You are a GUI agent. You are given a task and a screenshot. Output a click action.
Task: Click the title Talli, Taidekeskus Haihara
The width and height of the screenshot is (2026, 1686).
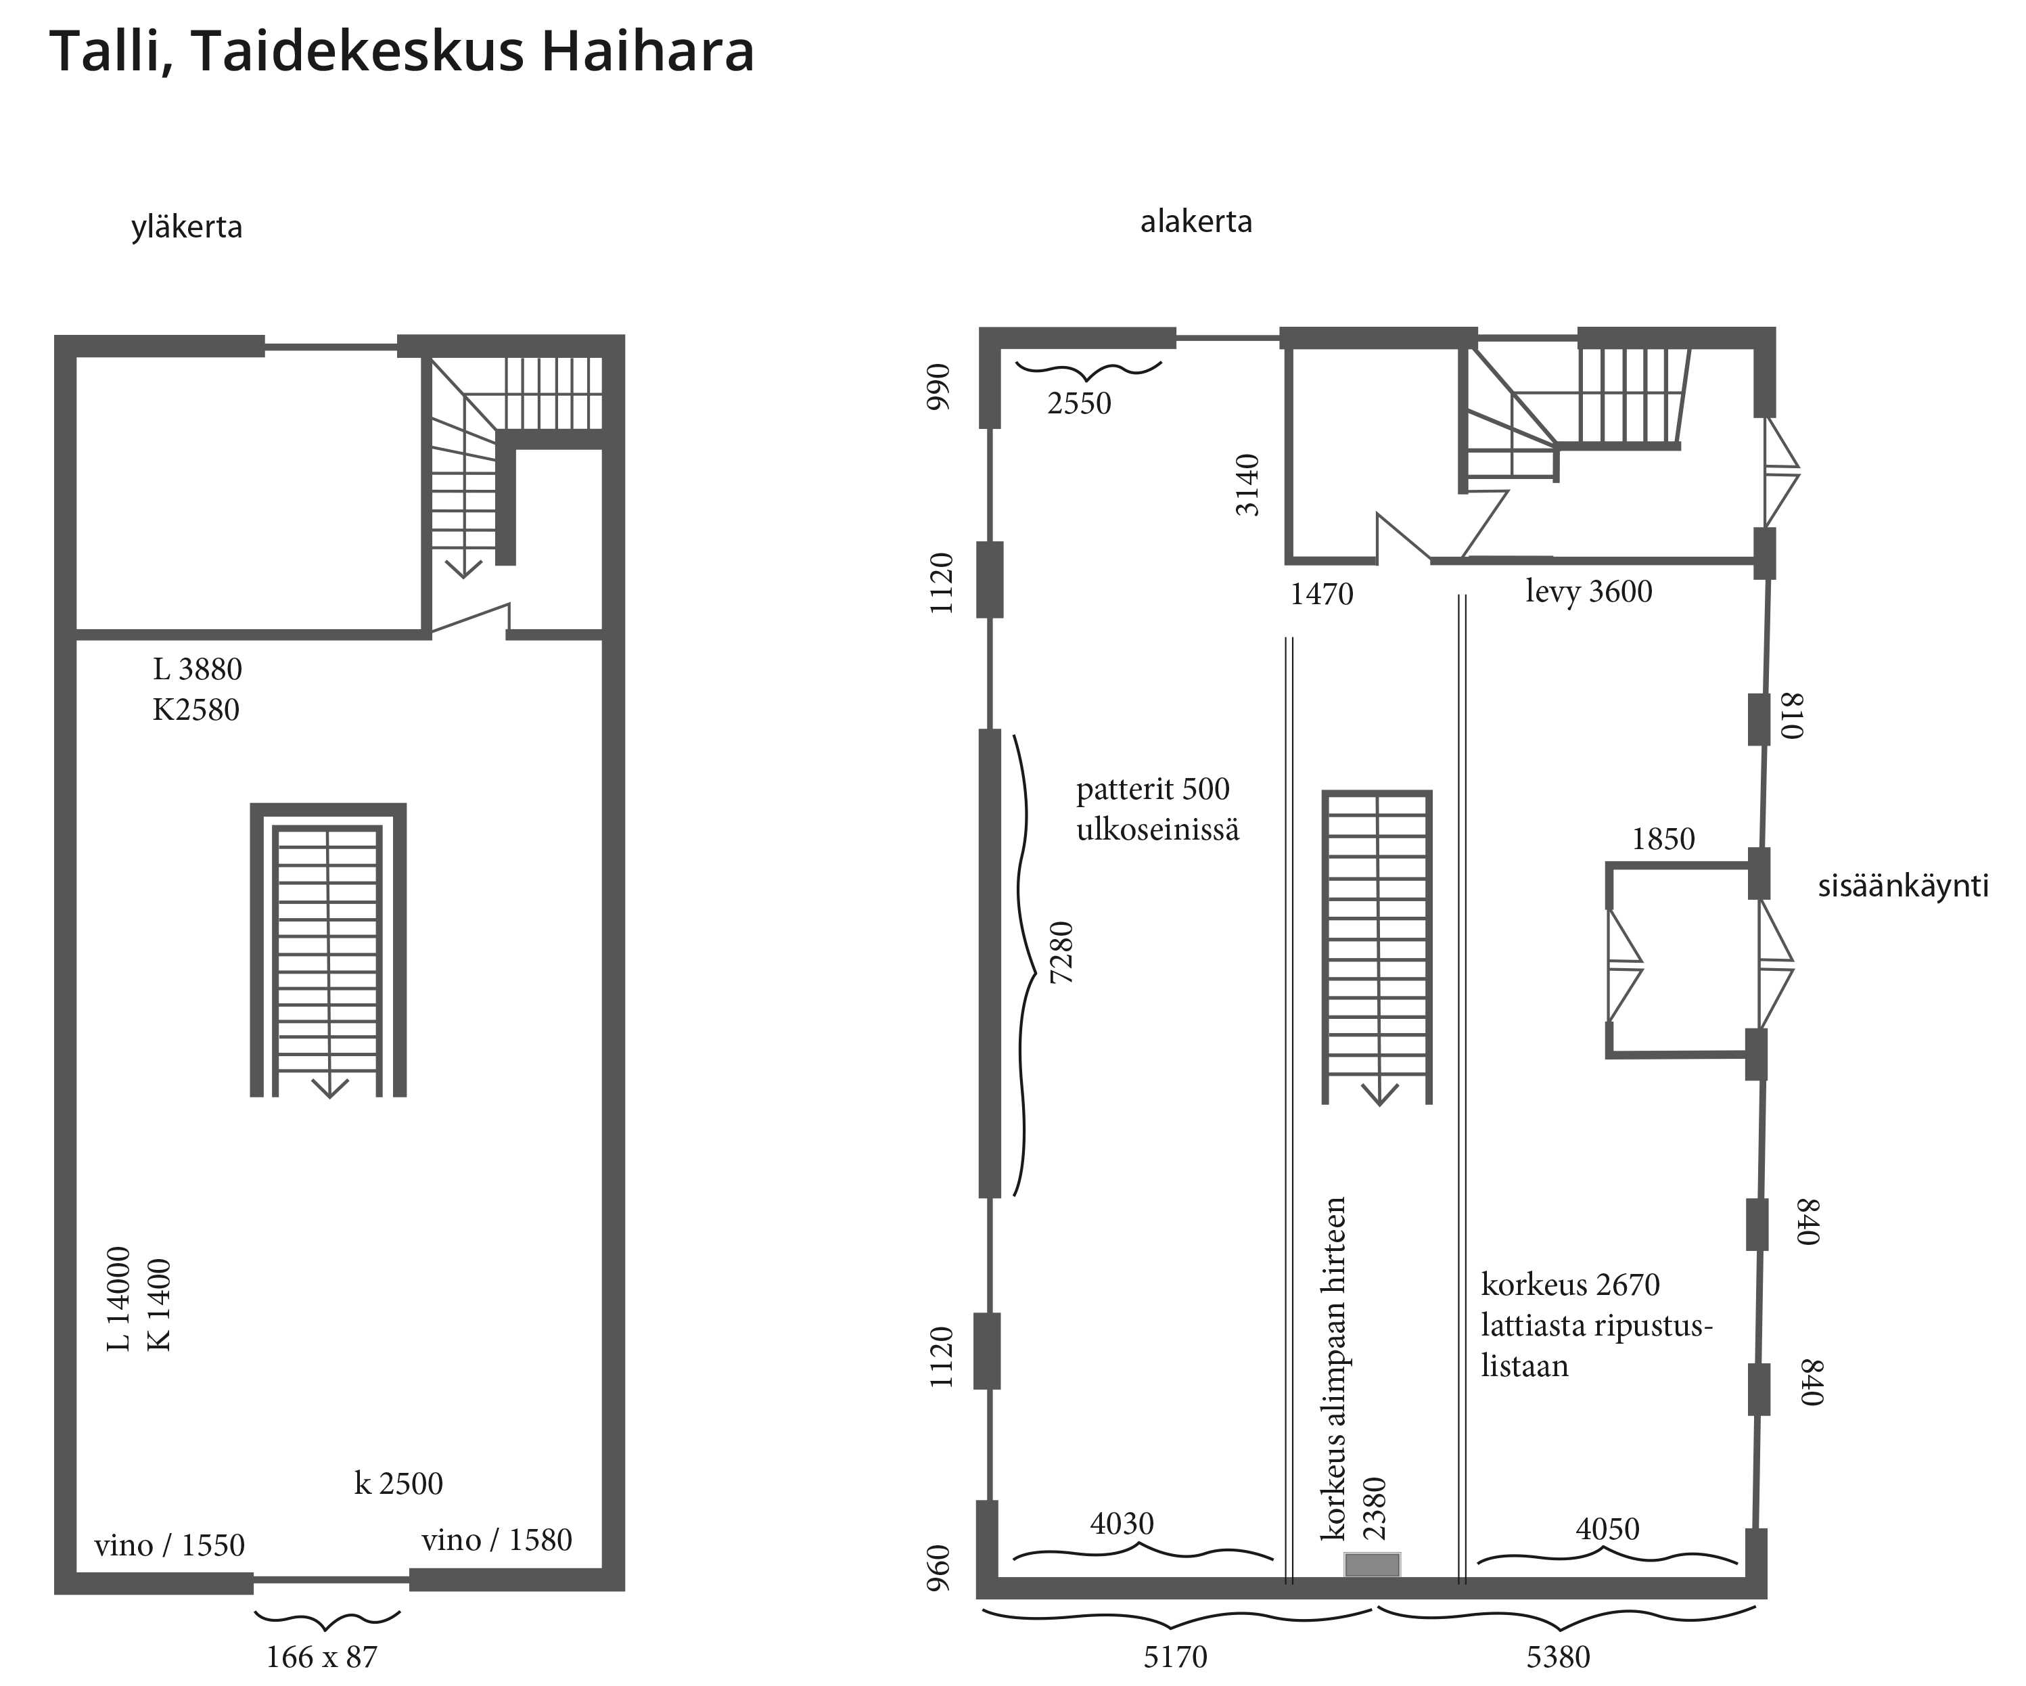(x=401, y=52)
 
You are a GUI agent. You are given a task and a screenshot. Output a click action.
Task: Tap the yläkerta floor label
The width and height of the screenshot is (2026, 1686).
(x=187, y=228)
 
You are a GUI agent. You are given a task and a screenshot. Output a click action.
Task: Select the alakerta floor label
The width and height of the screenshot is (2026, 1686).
(x=1196, y=222)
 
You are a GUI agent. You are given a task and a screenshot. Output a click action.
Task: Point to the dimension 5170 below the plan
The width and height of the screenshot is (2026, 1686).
(x=1175, y=1656)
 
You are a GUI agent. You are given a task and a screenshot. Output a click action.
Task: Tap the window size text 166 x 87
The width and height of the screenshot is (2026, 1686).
(x=321, y=1656)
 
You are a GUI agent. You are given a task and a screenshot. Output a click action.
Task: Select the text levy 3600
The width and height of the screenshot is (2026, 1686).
(x=1589, y=591)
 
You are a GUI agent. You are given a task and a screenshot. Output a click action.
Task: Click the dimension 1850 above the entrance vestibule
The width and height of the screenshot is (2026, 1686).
(x=1663, y=839)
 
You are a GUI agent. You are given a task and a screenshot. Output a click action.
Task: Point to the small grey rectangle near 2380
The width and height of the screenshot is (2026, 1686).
(x=1373, y=1564)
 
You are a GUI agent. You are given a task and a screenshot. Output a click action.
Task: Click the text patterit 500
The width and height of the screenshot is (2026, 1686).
(x=1153, y=790)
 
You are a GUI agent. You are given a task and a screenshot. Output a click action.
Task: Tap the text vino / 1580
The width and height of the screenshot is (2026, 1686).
(x=497, y=1539)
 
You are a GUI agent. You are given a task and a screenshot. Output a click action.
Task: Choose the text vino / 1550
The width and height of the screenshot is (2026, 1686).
(x=170, y=1545)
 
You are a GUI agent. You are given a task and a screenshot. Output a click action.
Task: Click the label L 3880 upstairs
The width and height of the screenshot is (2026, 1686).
(x=198, y=669)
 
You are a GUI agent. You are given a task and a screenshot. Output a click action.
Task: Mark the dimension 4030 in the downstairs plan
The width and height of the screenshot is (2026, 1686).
(x=1122, y=1523)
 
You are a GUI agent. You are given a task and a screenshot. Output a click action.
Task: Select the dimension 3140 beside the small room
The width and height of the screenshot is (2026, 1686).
(x=1248, y=484)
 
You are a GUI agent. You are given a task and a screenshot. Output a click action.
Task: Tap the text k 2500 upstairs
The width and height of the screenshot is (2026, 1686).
(x=398, y=1482)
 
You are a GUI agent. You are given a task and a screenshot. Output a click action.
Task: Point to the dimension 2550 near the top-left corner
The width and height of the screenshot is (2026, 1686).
(x=1080, y=403)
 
